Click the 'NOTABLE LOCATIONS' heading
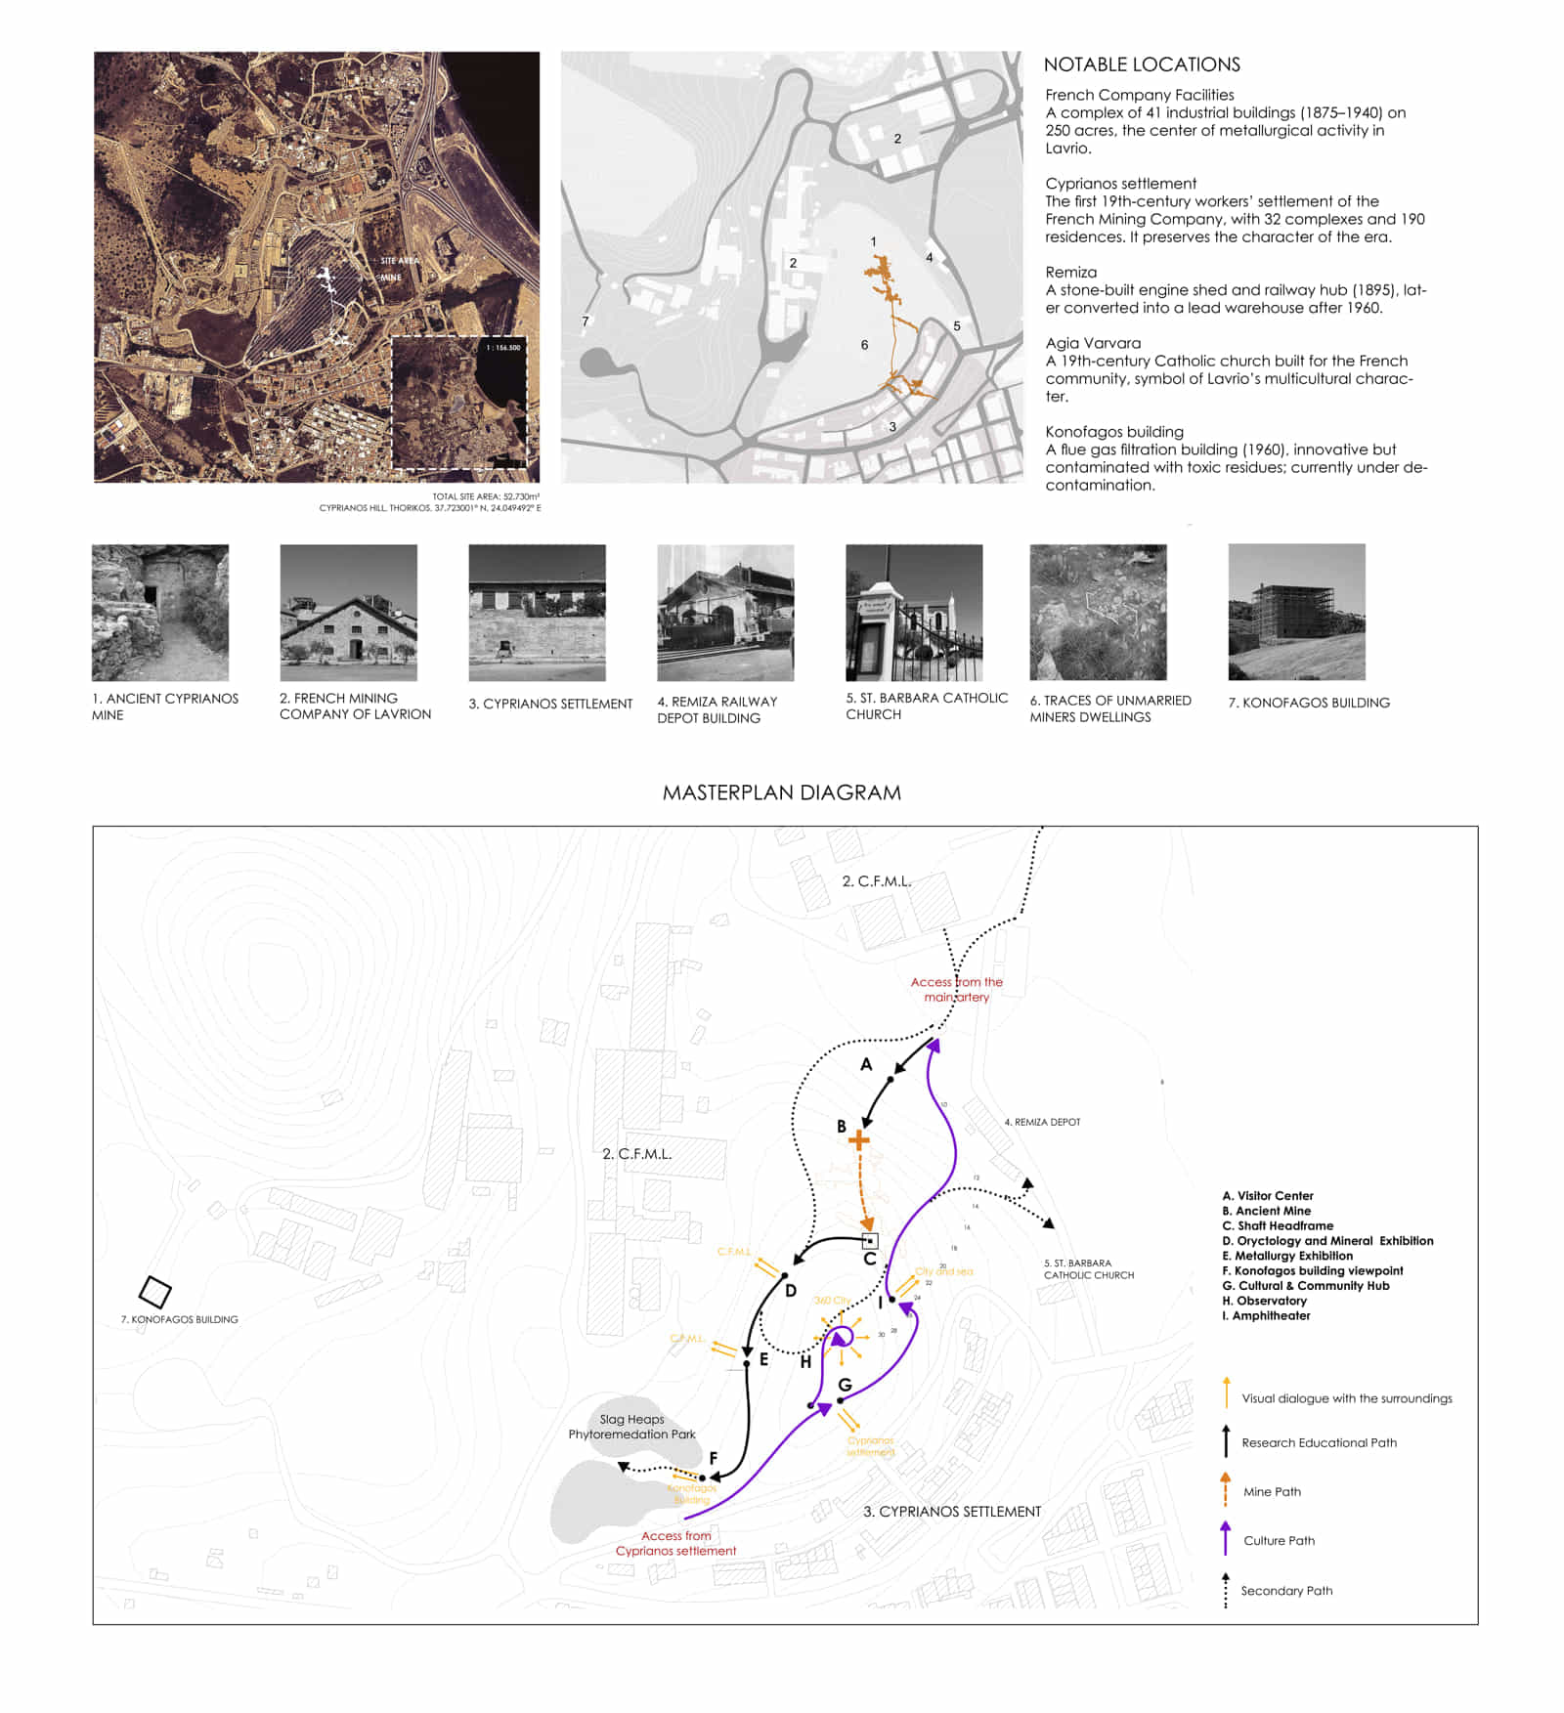click(x=1141, y=64)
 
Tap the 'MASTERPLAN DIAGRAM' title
click(x=781, y=792)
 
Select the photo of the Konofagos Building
click(x=1296, y=612)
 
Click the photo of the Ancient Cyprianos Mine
click(x=159, y=613)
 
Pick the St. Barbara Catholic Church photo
click(x=913, y=613)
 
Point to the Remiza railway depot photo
click(x=724, y=613)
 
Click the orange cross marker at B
click(x=858, y=1139)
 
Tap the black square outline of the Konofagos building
click(x=154, y=1292)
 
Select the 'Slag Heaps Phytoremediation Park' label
click(x=631, y=1427)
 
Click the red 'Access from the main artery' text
click(x=956, y=989)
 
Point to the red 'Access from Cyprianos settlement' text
click(x=675, y=1543)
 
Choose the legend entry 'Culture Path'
click(x=1279, y=1541)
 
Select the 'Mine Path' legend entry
click(x=1272, y=1492)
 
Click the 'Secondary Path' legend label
click(x=1286, y=1591)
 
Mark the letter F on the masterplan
click(x=714, y=1458)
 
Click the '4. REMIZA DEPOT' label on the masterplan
click(x=1042, y=1122)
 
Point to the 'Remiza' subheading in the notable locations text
click(x=1070, y=273)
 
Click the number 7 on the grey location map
click(x=586, y=321)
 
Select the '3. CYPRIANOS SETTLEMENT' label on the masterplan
click(x=951, y=1512)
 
